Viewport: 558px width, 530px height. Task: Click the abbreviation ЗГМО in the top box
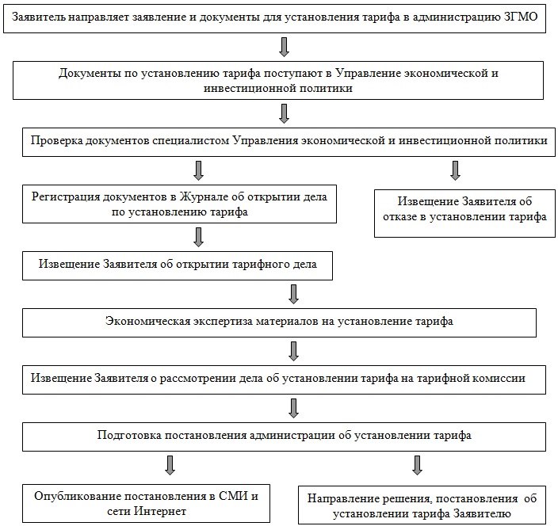[521, 17]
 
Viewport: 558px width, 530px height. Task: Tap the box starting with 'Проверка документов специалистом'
[289, 141]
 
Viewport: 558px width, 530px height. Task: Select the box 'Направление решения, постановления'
[421, 505]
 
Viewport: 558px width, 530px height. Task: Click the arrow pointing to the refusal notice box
[455, 170]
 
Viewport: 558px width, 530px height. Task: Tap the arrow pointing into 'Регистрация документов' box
[198, 170]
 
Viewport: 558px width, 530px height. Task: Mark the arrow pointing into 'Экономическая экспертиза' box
[294, 293]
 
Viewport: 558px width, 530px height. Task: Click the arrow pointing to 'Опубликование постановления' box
[169, 465]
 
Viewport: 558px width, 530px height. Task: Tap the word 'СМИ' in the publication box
[239, 497]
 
